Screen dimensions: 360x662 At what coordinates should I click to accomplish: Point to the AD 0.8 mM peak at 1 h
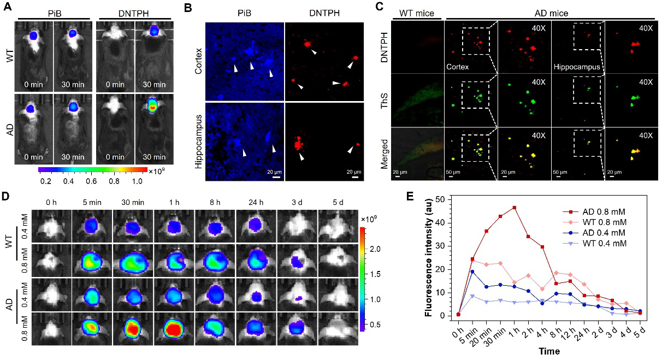[x=514, y=208]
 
